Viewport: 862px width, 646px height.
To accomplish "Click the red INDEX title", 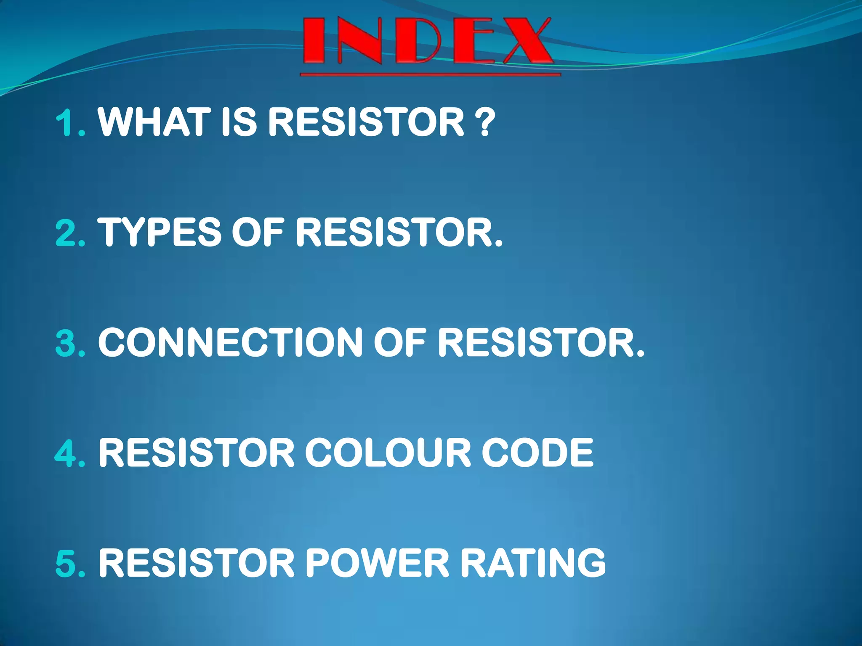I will tap(427, 41).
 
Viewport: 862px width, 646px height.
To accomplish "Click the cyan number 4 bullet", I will tap(67, 453).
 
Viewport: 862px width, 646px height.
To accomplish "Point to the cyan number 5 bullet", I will tap(67, 563).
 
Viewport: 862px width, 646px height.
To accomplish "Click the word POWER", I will tap(377, 563).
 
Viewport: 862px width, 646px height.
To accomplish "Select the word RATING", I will tap(533, 563).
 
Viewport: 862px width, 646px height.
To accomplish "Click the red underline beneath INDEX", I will tap(430, 75).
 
